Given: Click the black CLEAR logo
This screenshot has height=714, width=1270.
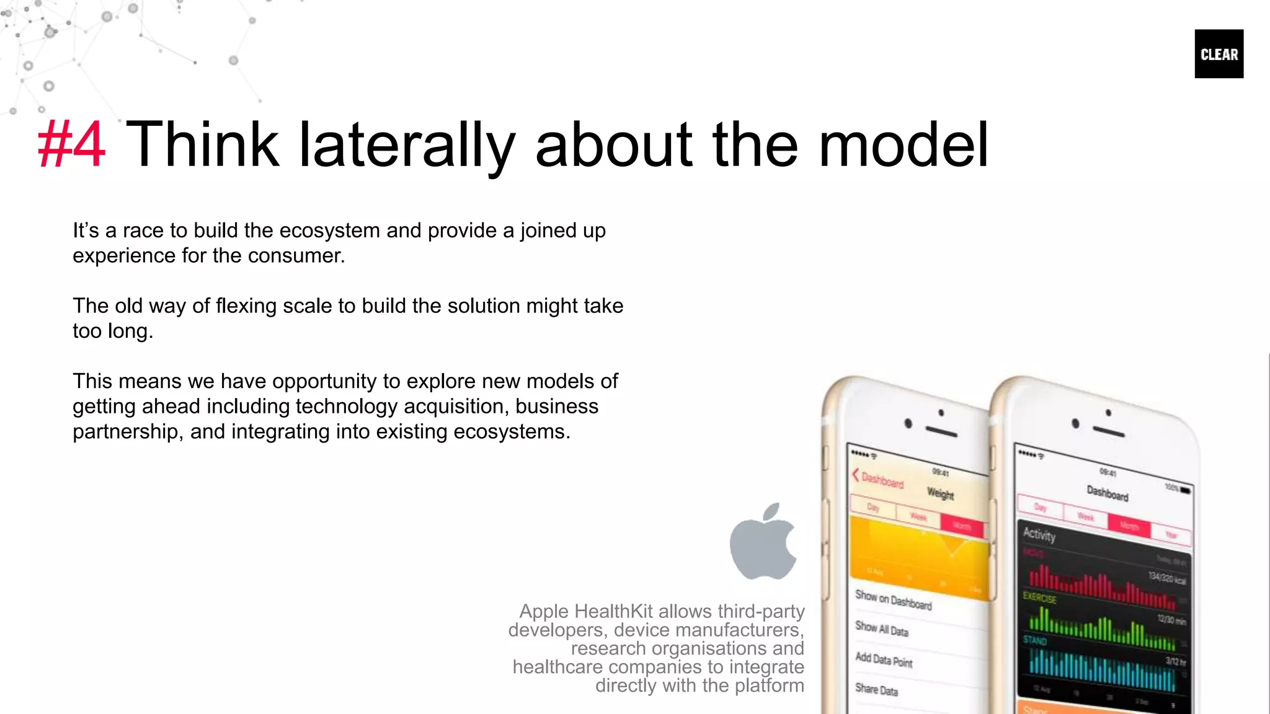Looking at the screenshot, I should [1219, 54].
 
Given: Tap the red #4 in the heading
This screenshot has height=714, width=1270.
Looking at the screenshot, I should [71, 144].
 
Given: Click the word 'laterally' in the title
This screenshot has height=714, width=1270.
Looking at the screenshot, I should [407, 144].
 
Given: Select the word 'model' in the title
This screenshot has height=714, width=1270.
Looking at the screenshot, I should [903, 144].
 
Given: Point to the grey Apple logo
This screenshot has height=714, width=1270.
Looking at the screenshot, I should [763, 542].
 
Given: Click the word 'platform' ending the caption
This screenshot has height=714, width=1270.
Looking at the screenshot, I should [769, 685].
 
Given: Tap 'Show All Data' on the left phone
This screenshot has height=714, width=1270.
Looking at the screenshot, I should [881, 628].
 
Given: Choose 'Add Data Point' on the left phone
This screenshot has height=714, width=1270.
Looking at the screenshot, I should [884, 659].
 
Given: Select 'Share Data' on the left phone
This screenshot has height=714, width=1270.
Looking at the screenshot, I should [876, 689].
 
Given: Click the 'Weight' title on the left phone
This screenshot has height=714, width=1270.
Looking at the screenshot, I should [940, 494].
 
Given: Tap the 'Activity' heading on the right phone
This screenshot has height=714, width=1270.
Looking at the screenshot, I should [1039, 534].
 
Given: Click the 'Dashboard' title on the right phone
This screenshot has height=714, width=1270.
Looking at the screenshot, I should [1108, 493].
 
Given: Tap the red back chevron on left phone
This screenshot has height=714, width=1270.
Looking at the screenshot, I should [856, 475].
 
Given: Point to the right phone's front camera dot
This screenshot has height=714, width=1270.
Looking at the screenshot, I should [1075, 423].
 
